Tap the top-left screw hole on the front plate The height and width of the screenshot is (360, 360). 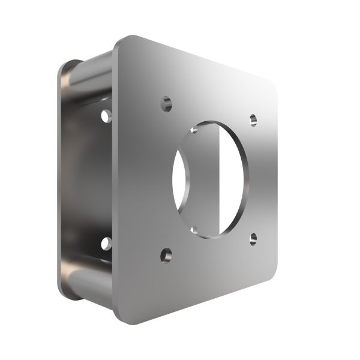point(166,103)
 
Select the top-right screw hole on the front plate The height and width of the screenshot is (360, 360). point(253,119)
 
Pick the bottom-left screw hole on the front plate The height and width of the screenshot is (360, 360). point(166,256)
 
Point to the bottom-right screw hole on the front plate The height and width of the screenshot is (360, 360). point(254,239)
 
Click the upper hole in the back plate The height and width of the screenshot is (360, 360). point(107,115)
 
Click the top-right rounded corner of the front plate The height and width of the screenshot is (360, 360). point(273,81)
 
